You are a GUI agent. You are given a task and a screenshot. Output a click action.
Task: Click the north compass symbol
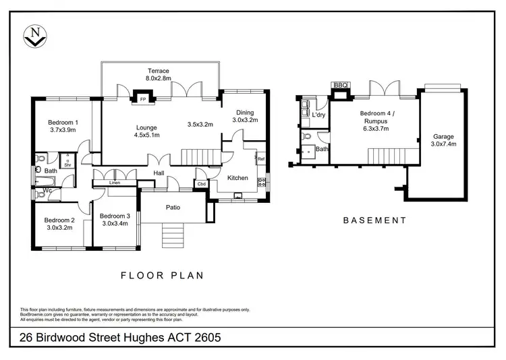pos(35,36)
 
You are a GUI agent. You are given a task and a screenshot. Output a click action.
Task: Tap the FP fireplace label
pos(143,100)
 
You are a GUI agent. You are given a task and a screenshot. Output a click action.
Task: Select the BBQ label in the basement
pos(341,85)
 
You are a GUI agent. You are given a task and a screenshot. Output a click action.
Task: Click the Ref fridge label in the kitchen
pos(261,158)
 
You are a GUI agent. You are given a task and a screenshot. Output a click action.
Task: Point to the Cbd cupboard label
pos(201,184)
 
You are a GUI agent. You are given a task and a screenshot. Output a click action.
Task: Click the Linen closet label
pos(115,183)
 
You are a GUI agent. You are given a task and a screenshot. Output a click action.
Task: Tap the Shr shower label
pos(67,165)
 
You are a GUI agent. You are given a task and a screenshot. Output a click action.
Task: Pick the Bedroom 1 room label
pos(63,122)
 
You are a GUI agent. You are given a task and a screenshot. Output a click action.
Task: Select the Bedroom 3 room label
pos(115,216)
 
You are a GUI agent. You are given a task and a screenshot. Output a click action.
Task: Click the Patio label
pos(173,207)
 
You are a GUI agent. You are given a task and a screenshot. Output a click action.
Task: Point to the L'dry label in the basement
pos(318,115)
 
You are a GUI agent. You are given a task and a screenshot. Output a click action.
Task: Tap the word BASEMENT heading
pos(374,220)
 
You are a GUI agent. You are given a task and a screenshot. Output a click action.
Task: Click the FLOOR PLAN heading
pos(163,276)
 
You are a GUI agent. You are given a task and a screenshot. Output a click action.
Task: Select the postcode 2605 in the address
pos(208,338)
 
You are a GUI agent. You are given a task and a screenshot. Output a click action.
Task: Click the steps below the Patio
pos(173,235)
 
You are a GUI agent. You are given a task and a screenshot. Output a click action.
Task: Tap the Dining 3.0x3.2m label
pos(245,116)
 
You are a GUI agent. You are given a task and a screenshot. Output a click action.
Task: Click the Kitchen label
pos(237,178)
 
